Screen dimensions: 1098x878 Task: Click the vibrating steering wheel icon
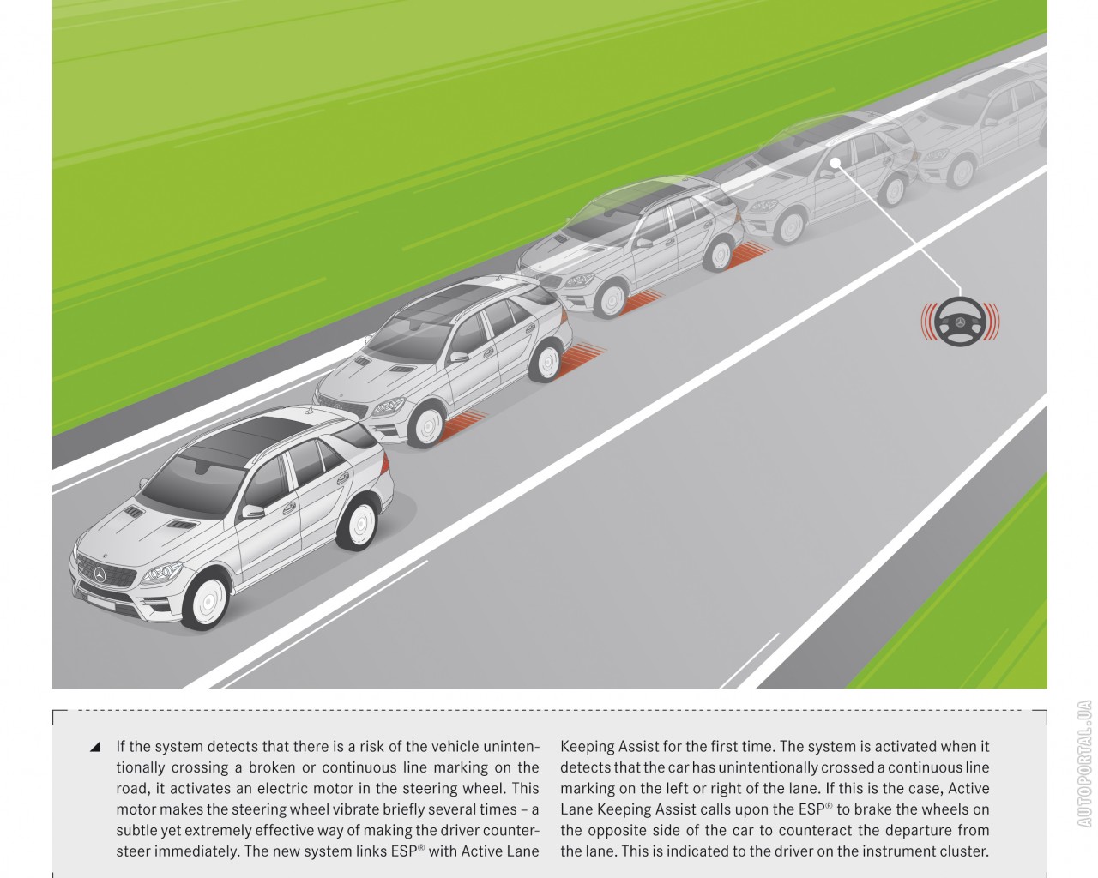(x=960, y=322)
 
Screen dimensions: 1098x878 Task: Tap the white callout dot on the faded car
(x=836, y=163)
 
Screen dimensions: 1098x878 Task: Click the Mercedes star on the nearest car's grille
(x=100, y=575)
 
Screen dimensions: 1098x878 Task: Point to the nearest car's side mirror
(x=252, y=511)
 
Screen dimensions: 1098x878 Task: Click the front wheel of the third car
(x=611, y=299)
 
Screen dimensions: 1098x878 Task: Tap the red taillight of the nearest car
(x=384, y=463)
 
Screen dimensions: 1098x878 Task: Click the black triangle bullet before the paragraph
(x=95, y=746)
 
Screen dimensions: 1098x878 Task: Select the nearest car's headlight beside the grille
(x=162, y=574)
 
